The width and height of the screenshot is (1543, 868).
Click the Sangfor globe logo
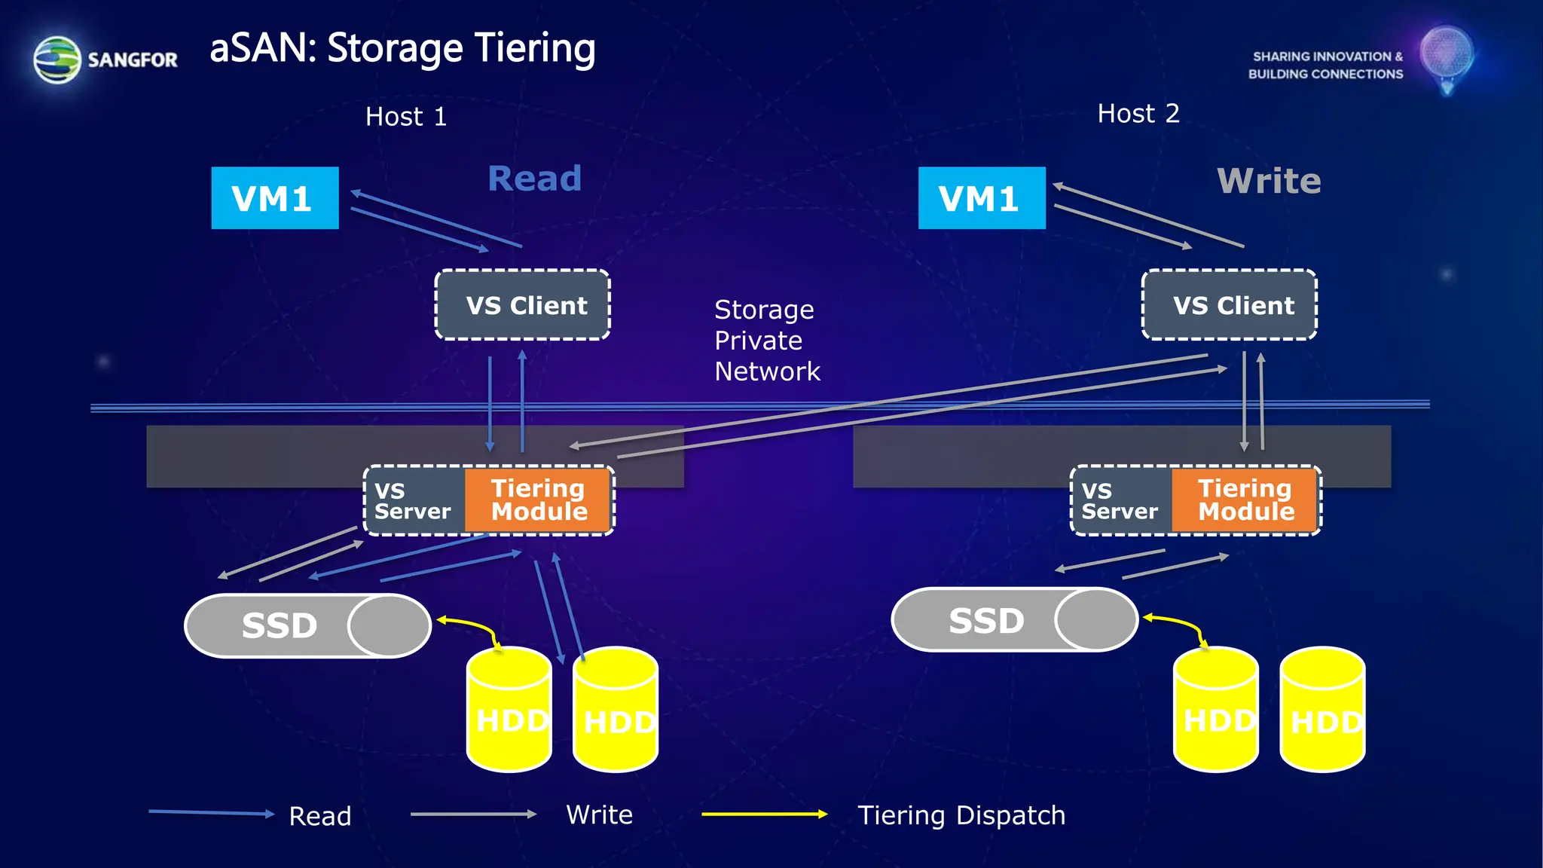point(57,60)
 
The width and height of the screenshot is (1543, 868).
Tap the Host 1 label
point(406,117)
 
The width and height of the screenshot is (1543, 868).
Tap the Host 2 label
point(1138,114)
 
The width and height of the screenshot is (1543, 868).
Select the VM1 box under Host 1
point(274,198)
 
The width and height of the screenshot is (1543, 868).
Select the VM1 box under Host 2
point(981,198)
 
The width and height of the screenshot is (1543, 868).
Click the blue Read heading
point(534,179)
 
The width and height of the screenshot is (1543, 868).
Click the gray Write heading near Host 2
point(1269,181)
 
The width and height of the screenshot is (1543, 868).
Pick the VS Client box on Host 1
point(523,305)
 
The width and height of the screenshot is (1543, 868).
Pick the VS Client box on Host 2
point(1230,305)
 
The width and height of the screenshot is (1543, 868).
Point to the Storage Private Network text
point(766,341)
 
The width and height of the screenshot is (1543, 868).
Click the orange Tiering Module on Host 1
point(538,500)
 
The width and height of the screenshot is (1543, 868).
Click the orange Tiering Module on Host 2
point(1245,500)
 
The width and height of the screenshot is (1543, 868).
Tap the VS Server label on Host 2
point(1120,500)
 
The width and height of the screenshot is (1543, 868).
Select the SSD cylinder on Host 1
point(307,625)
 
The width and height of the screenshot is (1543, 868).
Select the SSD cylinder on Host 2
point(1014,620)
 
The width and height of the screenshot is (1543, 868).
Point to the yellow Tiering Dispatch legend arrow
point(764,814)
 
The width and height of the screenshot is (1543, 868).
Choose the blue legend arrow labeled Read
point(211,812)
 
